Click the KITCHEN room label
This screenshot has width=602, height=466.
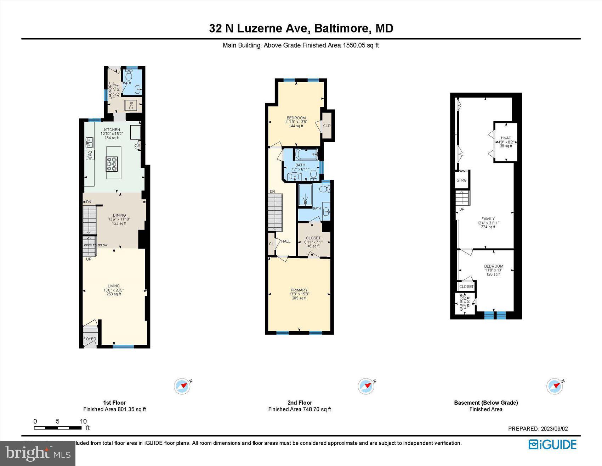(x=112, y=130)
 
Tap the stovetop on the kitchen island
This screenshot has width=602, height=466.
(x=114, y=164)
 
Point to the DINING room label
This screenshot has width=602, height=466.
(x=119, y=215)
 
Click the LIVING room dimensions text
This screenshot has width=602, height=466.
(x=113, y=290)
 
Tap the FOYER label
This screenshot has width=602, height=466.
(x=90, y=339)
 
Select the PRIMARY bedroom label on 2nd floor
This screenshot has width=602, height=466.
(x=299, y=290)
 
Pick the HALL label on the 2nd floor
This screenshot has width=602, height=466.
(x=286, y=242)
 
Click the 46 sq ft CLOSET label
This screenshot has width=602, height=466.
(x=313, y=238)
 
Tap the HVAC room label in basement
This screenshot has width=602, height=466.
(x=506, y=138)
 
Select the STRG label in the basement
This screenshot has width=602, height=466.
(x=461, y=181)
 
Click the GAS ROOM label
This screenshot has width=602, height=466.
(x=461, y=302)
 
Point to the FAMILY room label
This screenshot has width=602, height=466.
(x=488, y=219)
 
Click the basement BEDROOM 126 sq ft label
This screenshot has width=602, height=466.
(x=494, y=266)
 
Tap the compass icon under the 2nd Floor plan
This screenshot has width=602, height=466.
(x=366, y=387)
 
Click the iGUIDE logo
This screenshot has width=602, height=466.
(x=552, y=444)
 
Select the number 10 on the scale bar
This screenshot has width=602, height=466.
(x=83, y=421)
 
